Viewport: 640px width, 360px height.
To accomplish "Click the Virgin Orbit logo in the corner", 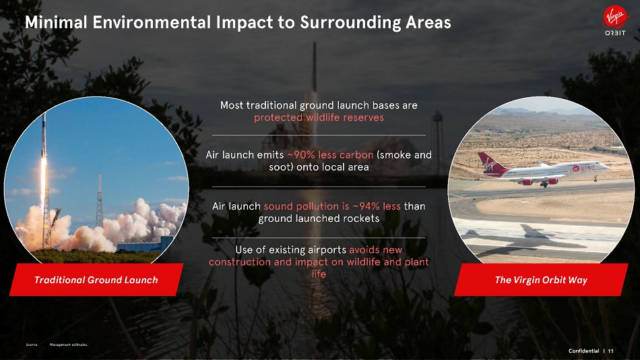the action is tap(615, 21).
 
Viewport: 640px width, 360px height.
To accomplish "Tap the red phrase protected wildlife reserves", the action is tap(319, 118).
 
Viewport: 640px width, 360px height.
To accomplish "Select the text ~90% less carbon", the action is tap(330, 155).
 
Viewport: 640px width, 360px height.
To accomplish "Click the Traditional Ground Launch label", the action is tap(96, 280).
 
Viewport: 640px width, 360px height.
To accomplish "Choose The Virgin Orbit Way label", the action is tap(541, 280).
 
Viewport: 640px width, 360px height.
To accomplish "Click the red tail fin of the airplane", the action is tap(490, 162).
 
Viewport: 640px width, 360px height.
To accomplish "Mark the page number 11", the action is tap(610, 351).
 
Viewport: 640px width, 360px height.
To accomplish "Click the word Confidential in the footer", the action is tap(583, 351).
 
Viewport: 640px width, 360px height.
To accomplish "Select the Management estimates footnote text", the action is tap(69, 345).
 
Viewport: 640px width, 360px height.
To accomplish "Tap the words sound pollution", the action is tap(301, 206).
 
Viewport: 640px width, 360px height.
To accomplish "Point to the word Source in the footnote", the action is tap(32, 345).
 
